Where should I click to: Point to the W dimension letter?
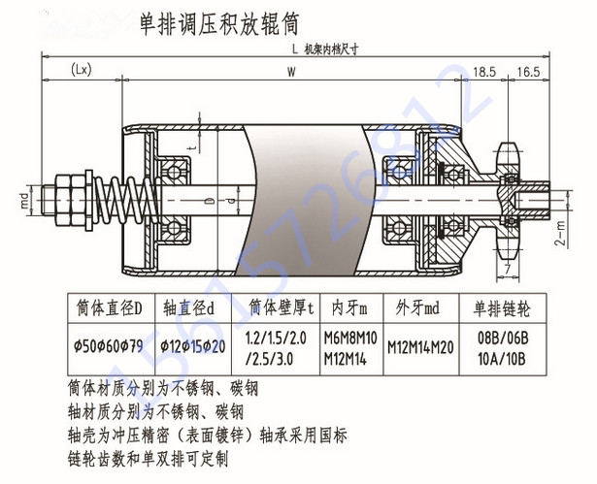tap(291, 72)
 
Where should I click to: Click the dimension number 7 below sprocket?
tap(508, 265)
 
